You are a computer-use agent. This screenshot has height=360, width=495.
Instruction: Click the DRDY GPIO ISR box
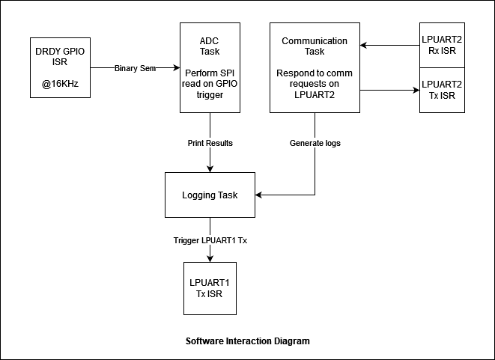pyautogui.click(x=60, y=67)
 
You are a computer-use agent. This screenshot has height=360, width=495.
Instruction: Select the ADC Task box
pyautogui.click(x=210, y=67)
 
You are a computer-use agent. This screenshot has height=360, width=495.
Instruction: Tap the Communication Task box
pyautogui.click(x=315, y=67)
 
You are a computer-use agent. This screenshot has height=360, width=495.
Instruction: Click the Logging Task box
pyautogui.click(x=210, y=195)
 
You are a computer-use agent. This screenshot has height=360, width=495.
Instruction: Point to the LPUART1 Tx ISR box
pyautogui.click(x=210, y=288)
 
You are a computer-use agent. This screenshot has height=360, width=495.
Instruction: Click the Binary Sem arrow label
pyautogui.click(x=136, y=68)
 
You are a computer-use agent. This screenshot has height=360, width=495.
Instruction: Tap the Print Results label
pyautogui.click(x=210, y=143)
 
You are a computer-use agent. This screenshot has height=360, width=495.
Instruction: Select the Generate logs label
pyautogui.click(x=315, y=143)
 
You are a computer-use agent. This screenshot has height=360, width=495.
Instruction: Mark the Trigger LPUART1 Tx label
pyautogui.click(x=210, y=240)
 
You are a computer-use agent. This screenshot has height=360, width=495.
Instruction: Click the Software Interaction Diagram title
pyautogui.click(x=248, y=341)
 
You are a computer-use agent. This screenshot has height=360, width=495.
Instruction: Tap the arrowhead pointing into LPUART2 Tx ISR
pyautogui.click(x=416, y=91)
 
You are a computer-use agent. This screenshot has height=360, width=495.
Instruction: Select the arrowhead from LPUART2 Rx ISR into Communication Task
pyautogui.click(x=364, y=46)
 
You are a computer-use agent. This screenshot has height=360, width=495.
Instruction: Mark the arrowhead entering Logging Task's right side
pyautogui.click(x=259, y=195)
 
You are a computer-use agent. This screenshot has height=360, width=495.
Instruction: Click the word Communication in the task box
pyautogui.click(x=315, y=41)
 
